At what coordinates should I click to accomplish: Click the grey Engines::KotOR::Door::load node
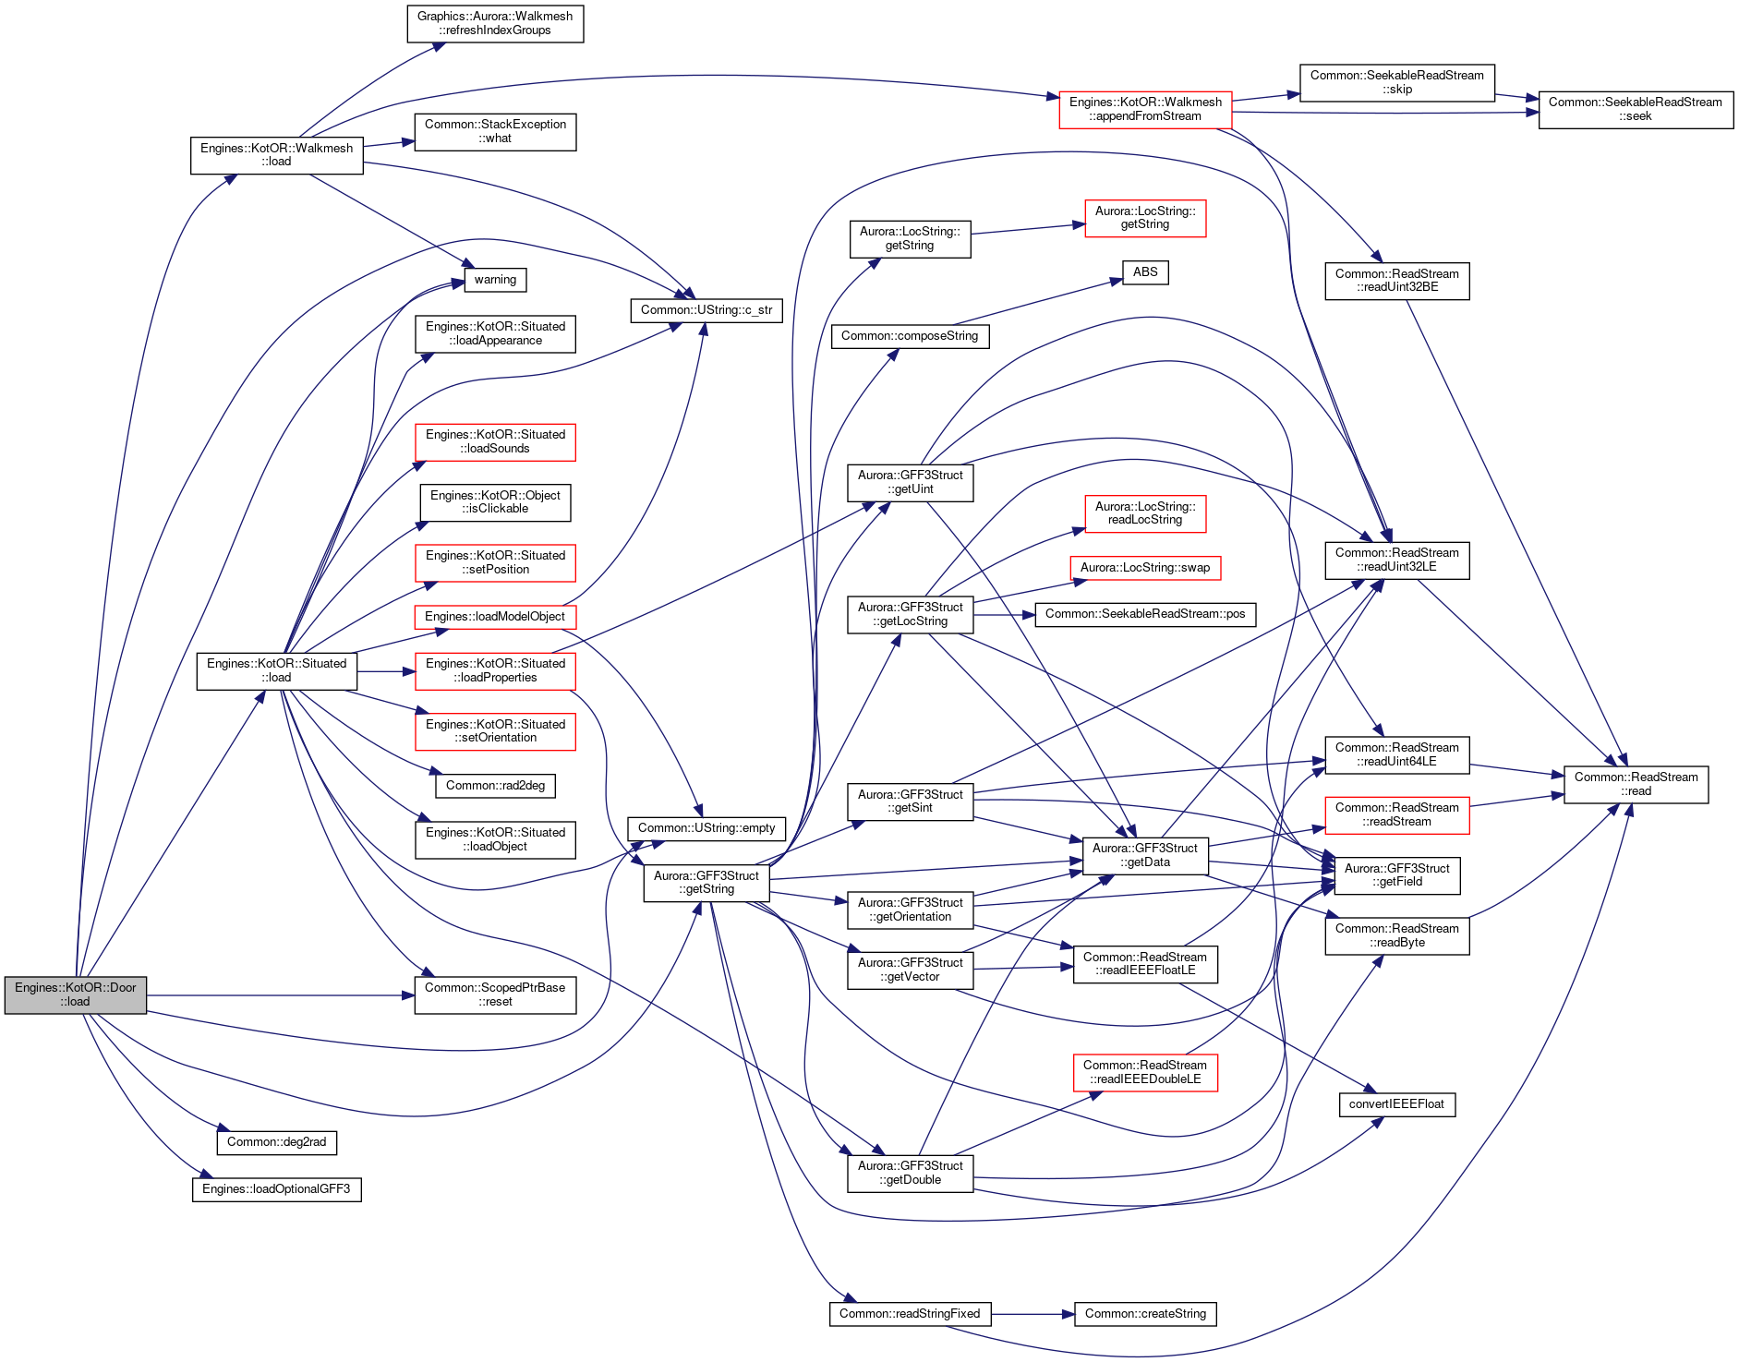[x=76, y=994]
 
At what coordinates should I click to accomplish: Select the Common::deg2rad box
[x=277, y=1142]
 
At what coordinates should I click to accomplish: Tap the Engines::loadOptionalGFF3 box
[x=276, y=1189]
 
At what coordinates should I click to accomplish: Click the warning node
[x=495, y=280]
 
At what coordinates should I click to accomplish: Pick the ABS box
[x=1145, y=272]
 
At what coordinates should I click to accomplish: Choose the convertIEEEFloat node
[x=1396, y=1104]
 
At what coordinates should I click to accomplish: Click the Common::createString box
[x=1145, y=1314]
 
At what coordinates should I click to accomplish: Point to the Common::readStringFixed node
[x=910, y=1314]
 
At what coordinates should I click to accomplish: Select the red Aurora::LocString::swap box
[x=1145, y=568]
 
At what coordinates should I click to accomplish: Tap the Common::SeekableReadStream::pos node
[x=1145, y=614]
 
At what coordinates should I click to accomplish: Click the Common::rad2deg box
[x=495, y=786]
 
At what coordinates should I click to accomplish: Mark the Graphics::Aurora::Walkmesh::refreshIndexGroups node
[x=495, y=23]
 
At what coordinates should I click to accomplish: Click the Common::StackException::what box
[x=495, y=131]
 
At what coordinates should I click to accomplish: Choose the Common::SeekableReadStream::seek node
[x=1636, y=109]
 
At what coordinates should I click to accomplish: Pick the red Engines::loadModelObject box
[x=495, y=617]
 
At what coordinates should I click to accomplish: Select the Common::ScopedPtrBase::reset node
[x=495, y=994]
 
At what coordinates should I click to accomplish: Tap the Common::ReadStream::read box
[x=1636, y=784]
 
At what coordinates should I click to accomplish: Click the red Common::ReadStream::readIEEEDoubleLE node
[x=1145, y=1072]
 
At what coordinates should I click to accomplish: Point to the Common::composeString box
[x=910, y=336]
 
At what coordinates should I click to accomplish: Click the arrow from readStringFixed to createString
[x=1033, y=1314]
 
